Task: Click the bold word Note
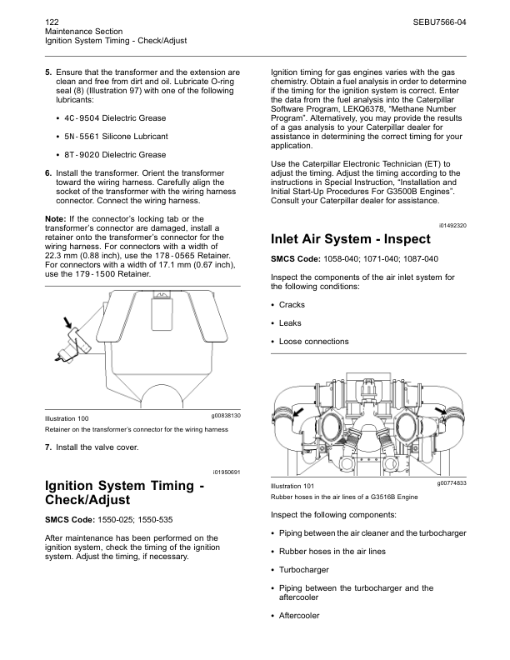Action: pyautogui.click(x=55, y=218)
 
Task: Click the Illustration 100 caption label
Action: pyautogui.click(x=67, y=418)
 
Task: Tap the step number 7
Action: pyautogui.click(x=48, y=447)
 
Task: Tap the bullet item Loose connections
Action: pyautogui.click(x=314, y=342)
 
